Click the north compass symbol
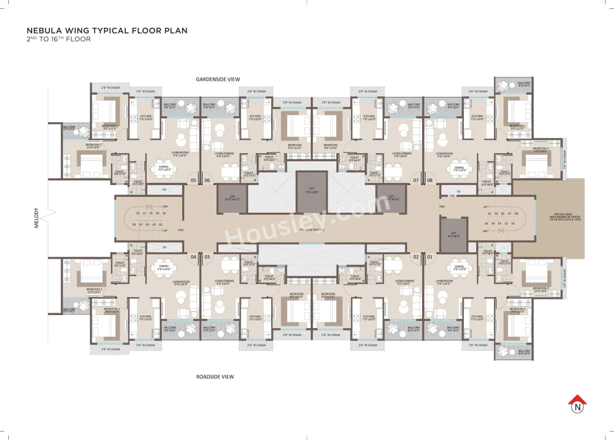578,405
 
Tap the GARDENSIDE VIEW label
217,79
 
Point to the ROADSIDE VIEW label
215,377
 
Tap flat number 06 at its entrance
207,181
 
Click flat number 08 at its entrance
429,181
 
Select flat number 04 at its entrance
193,257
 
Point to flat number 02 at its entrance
415,257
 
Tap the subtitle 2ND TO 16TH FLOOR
59,39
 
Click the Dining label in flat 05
164,168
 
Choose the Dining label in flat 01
459,268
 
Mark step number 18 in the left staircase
164,213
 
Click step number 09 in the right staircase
516,213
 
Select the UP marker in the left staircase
165,231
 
